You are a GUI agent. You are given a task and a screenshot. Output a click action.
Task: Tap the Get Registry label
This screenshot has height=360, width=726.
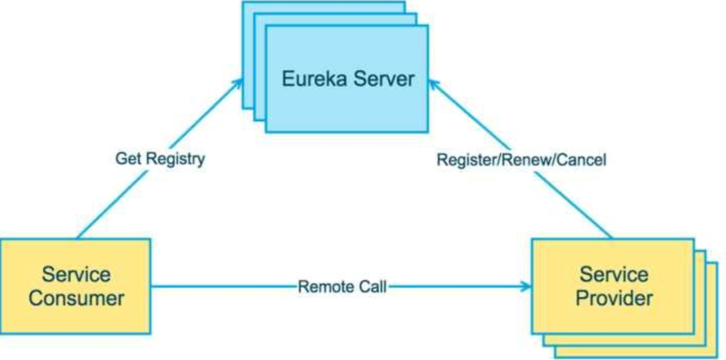tap(160, 158)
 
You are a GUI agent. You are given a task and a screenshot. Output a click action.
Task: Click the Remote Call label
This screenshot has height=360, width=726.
tap(342, 287)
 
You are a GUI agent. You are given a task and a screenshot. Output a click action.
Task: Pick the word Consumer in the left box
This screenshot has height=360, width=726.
tap(76, 298)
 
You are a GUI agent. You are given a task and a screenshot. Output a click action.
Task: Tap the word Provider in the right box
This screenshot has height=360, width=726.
tap(614, 298)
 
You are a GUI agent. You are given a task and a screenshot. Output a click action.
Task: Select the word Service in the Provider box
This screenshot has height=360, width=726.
tap(614, 274)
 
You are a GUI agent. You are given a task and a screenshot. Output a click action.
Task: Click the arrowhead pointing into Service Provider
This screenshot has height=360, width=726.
tap(527, 287)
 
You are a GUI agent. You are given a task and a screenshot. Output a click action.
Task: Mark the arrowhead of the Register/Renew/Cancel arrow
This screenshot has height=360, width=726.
tap(434, 83)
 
